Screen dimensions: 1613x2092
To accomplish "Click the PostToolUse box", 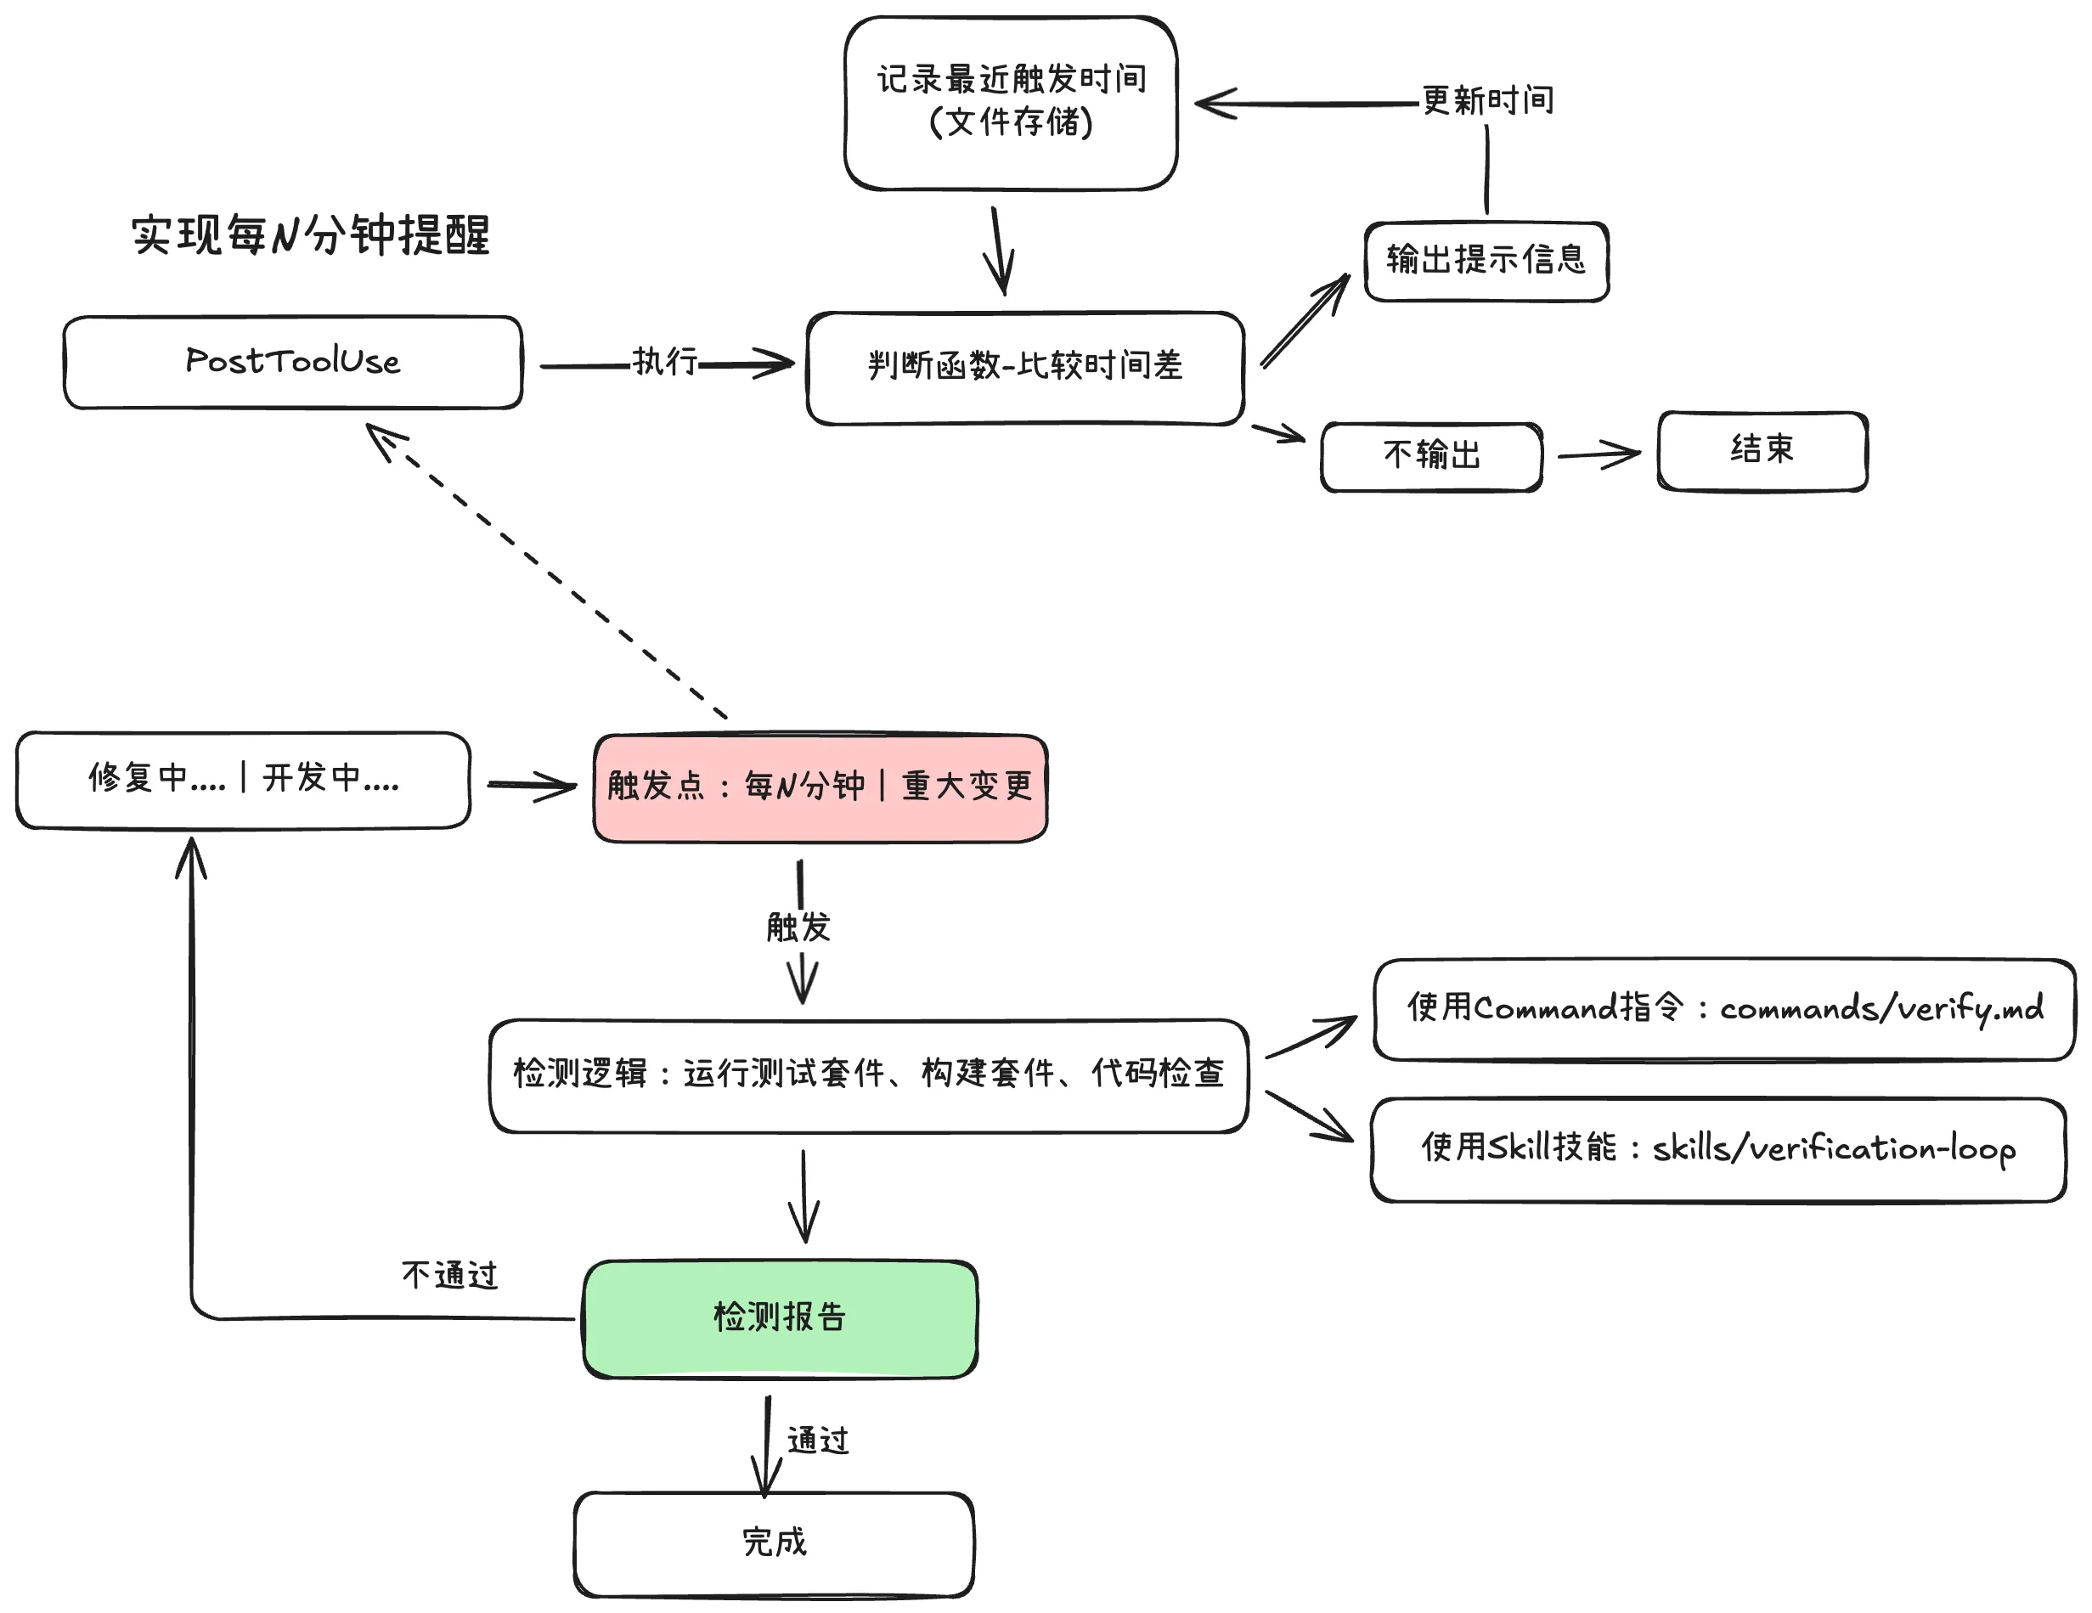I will pos(292,362).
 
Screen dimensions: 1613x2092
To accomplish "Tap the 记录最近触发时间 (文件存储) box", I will pos(1011,103).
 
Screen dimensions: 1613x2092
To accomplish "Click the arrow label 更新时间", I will pos(1487,99).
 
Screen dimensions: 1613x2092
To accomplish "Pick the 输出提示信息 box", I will pos(1486,261).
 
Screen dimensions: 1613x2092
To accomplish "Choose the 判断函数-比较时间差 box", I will pos(1025,367).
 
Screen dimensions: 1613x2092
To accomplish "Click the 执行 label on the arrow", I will pos(665,361).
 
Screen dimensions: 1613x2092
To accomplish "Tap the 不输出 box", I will pos(1431,456).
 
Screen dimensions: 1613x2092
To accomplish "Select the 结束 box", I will pos(1762,450).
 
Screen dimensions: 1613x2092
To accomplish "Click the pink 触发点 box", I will pos(820,787).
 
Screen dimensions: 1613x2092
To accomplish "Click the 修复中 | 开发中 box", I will pos(243,779).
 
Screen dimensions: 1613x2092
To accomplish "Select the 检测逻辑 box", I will pos(868,1074).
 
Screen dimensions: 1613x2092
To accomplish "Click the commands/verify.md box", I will pos(1724,1008).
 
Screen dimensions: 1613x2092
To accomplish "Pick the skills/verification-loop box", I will pos(1717,1148).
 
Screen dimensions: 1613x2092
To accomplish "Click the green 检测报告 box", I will pos(780,1318).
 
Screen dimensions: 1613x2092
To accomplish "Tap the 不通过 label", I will pos(450,1275).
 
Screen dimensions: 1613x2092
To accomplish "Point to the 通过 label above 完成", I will pos(818,1440).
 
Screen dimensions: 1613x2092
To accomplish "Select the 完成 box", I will pos(774,1543).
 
